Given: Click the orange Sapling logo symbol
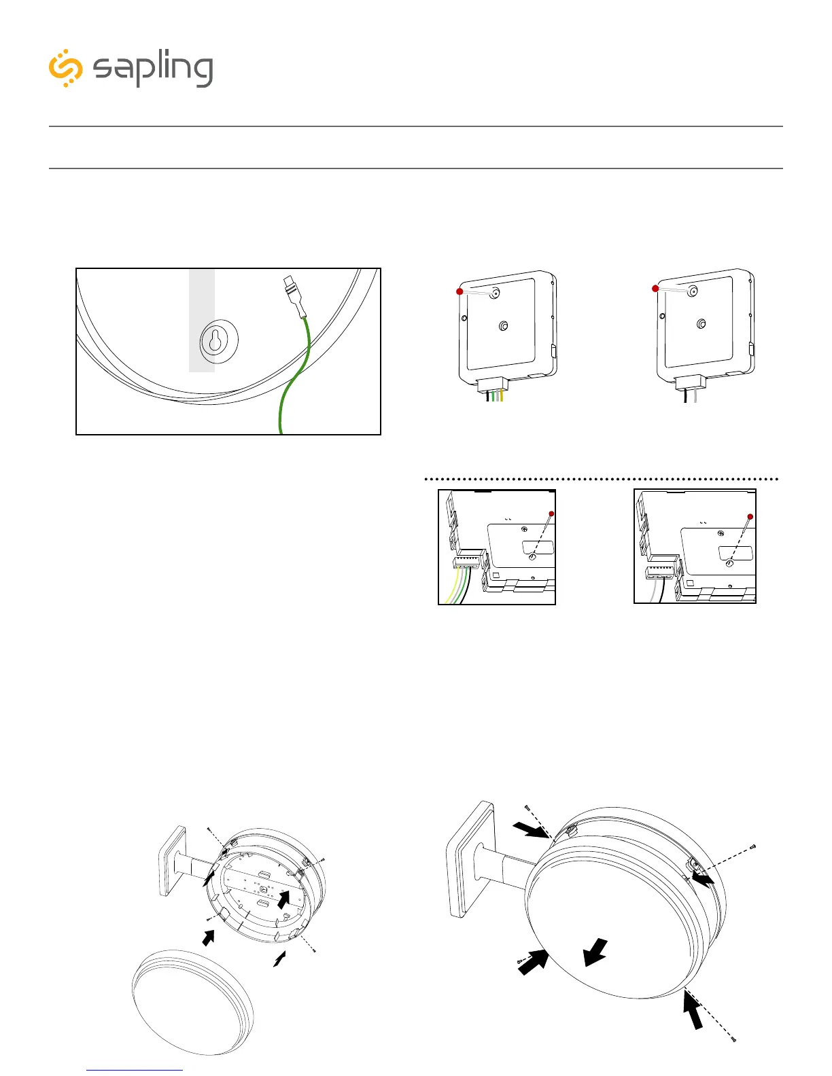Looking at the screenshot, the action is pos(66,68).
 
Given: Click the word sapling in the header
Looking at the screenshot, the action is pos(153,69).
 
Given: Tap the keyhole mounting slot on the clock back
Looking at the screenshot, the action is pos(215,342).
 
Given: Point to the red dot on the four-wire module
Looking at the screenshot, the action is pos(460,291).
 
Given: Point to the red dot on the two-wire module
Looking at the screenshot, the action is pos(655,289).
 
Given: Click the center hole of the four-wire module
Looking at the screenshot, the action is pos(503,327).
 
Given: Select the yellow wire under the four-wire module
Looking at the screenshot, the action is pos(501,396).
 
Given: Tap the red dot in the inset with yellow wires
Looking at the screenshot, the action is pos(551,514).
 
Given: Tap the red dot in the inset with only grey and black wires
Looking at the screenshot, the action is pos(750,517).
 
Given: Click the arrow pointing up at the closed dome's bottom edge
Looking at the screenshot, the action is pos(693,1011).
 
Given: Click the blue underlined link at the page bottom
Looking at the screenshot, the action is pos(135,1069).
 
